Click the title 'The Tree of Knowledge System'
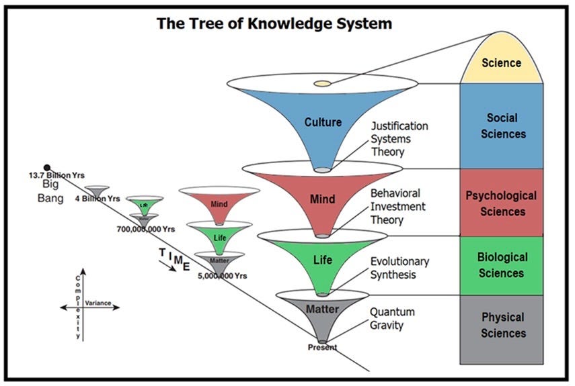[x=274, y=23]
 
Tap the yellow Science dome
[x=502, y=62]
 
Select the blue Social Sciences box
[x=502, y=126]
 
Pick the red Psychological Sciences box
[x=502, y=203]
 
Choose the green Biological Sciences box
[x=502, y=265]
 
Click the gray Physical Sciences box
[x=502, y=325]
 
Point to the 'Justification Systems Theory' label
[x=400, y=138]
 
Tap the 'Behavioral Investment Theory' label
[x=397, y=207]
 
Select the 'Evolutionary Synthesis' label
[x=399, y=267]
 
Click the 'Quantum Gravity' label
[x=392, y=319]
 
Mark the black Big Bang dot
[x=47, y=167]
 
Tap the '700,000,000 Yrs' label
[x=145, y=229]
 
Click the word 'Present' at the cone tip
[x=322, y=347]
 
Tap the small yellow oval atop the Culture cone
[x=323, y=83]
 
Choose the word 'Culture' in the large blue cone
[x=323, y=122]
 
